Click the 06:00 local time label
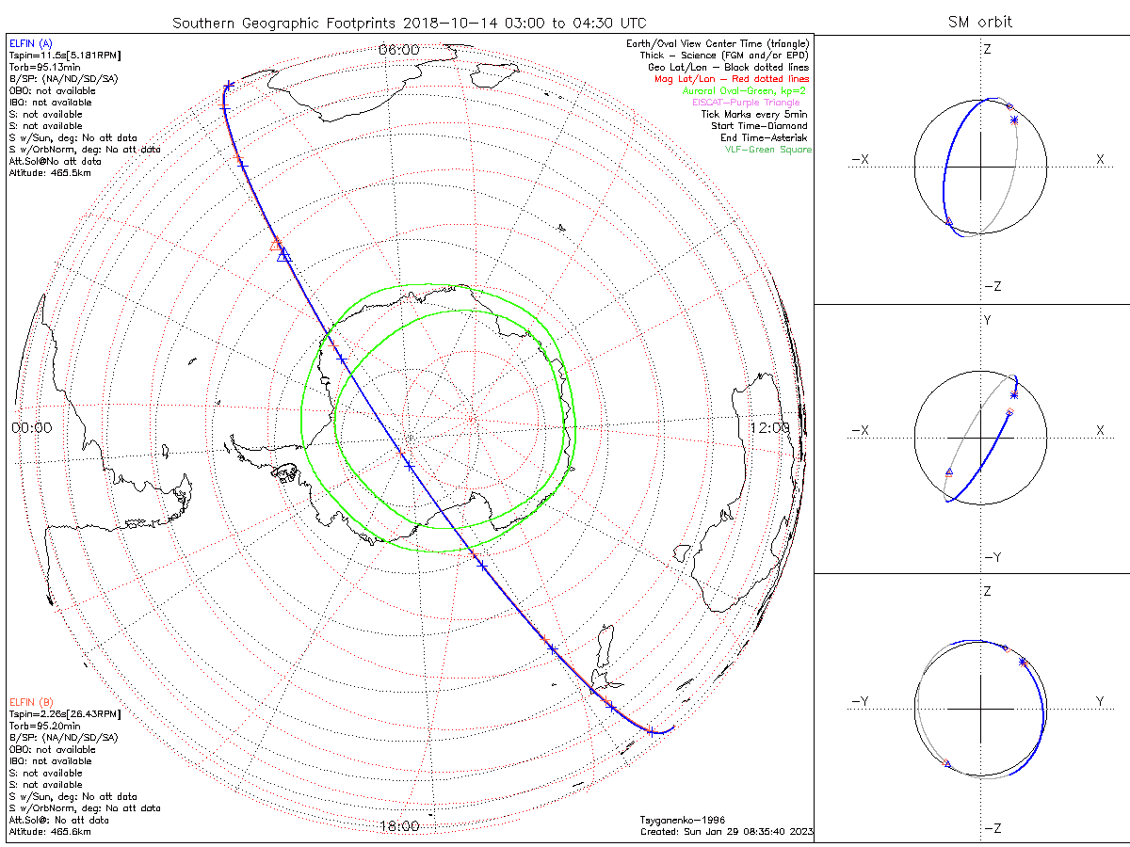tap(398, 49)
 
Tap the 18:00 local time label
tap(398, 826)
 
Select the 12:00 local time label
tap(769, 427)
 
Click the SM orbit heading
tap(980, 22)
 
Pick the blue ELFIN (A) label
tap(31, 43)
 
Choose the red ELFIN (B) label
tap(31, 702)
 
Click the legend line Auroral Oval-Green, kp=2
tap(745, 90)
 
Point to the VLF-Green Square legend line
tap(767, 150)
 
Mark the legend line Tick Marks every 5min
tap(754, 114)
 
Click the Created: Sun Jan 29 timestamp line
tap(726, 832)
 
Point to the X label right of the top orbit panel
tap(1099, 160)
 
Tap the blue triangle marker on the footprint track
tap(284, 254)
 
